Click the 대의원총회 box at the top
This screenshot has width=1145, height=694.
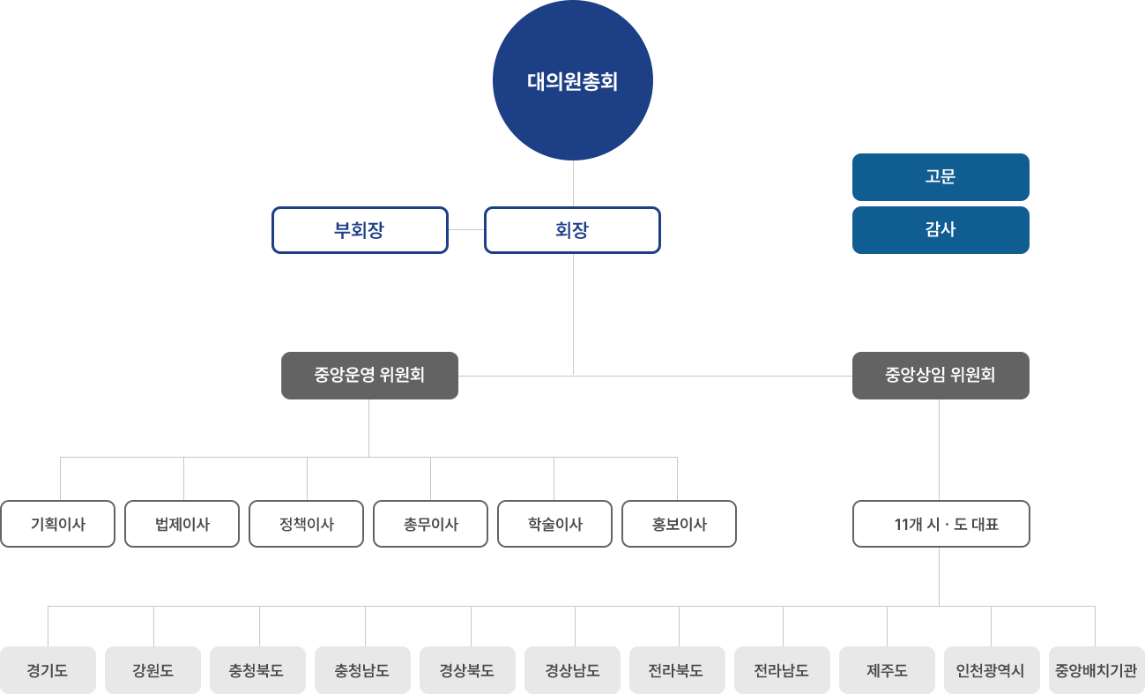[x=572, y=81]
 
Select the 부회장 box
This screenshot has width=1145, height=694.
[x=360, y=230]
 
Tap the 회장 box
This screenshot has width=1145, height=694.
[x=572, y=230]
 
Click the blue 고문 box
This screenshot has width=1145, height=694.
[x=941, y=176]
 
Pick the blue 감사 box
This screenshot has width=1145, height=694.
[x=941, y=229]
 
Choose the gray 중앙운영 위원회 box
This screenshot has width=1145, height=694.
[x=369, y=375]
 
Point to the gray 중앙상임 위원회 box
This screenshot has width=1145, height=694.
[x=941, y=375]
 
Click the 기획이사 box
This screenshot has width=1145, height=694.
[x=58, y=524]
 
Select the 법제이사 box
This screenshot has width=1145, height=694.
[x=182, y=524]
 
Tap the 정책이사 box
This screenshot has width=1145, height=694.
[x=307, y=524]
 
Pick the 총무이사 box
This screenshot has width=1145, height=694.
[x=431, y=524]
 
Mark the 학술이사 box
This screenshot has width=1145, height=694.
[x=555, y=524]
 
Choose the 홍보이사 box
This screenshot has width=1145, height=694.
[x=680, y=524]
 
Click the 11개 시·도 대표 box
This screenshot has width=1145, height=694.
[x=941, y=524]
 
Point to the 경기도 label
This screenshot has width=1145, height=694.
[x=48, y=670]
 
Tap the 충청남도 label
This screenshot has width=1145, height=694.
[x=361, y=670]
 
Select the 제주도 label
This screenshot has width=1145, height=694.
[x=887, y=670]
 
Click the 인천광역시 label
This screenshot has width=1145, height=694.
[x=990, y=670]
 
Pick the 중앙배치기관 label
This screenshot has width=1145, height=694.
[x=1096, y=670]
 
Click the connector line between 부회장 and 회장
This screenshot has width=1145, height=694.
[x=466, y=229]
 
